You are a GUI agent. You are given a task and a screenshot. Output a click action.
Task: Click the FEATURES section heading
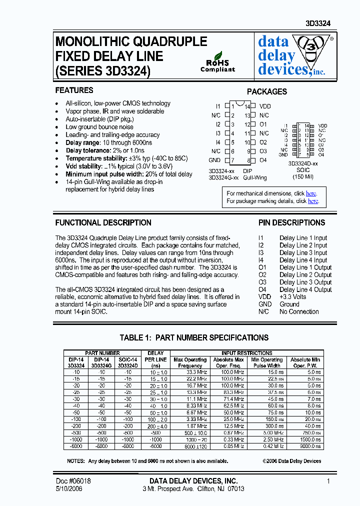(x=74, y=90)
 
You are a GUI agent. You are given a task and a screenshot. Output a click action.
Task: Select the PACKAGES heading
(x=267, y=91)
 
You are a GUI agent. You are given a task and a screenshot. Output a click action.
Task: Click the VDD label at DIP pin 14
(x=264, y=106)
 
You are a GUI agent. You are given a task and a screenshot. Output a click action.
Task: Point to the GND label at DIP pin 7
(x=214, y=160)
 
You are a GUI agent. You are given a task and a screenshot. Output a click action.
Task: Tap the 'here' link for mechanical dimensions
(x=311, y=193)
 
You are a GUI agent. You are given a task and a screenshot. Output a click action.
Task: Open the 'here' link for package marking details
(x=313, y=201)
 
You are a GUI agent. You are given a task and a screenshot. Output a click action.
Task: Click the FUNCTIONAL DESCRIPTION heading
(x=103, y=223)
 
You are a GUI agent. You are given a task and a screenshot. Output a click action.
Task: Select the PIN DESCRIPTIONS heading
(x=291, y=223)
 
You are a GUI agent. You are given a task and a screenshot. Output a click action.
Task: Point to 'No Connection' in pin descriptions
(x=299, y=311)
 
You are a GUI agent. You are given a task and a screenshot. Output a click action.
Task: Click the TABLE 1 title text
(x=194, y=337)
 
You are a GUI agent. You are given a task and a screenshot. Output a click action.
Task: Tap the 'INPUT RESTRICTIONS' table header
(x=247, y=353)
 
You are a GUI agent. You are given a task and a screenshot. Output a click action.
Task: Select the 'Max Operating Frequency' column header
(x=190, y=362)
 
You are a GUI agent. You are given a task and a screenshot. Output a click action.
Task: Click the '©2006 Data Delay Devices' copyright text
(x=291, y=461)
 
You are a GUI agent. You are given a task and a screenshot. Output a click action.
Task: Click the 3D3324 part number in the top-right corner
(x=318, y=23)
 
